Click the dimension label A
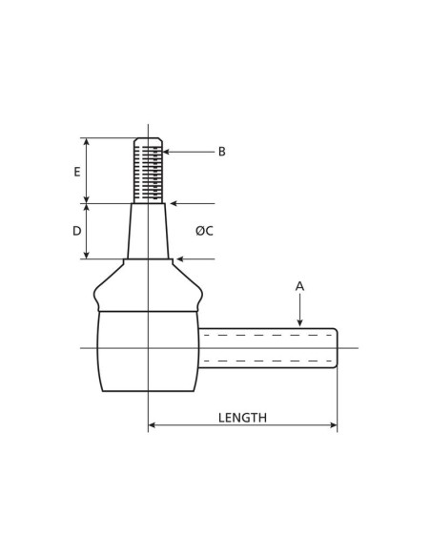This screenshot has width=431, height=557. tap(299, 286)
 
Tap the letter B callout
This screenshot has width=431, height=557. tap(221, 152)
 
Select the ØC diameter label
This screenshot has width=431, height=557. tap(204, 231)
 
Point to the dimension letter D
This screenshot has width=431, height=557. tap(77, 231)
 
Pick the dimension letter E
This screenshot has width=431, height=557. tap(77, 172)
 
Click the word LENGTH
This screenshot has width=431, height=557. tap(242, 418)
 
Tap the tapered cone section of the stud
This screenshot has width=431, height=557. tap(148, 231)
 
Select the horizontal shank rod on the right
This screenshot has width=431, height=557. tap(267, 348)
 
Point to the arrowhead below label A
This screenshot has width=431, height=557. tap(299, 323)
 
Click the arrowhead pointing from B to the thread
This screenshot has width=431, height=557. tap(167, 152)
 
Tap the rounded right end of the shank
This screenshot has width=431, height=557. tap(335, 348)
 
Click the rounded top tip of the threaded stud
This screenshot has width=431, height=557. tap(148, 140)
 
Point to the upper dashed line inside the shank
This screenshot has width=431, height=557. tap(267, 336)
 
